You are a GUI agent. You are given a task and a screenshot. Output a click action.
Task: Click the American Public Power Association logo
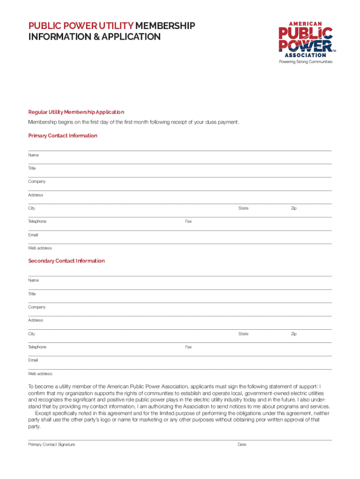click(x=306, y=39)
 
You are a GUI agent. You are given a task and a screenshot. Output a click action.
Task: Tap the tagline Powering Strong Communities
click(x=306, y=62)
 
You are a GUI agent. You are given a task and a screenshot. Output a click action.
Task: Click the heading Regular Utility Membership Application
click(x=76, y=112)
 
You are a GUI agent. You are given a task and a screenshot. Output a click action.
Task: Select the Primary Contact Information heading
click(x=63, y=136)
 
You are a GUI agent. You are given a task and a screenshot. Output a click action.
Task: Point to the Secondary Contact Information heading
click(x=66, y=261)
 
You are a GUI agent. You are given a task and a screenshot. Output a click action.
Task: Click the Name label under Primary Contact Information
click(x=33, y=155)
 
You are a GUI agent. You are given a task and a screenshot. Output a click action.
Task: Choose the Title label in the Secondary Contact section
click(x=32, y=294)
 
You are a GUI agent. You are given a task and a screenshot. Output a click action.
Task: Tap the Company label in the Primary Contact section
click(x=37, y=181)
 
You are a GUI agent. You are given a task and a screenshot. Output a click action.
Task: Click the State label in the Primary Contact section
click(x=243, y=208)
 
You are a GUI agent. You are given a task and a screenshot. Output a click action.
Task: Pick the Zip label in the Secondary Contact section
click(x=294, y=334)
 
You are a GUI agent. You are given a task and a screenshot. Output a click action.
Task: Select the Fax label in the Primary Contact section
click(x=188, y=222)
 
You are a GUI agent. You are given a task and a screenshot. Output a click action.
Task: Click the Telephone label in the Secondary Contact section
click(x=37, y=347)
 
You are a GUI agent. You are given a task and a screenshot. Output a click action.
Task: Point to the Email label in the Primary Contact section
click(x=33, y=235)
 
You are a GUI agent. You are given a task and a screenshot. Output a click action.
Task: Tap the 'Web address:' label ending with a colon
click(x=41, y=374)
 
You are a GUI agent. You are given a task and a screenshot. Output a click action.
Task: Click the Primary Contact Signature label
click(x=51, y=444)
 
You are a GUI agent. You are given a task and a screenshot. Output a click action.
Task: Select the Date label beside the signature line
click(x=242, y=444)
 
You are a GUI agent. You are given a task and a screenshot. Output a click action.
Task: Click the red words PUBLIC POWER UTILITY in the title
click(x=80, y=25)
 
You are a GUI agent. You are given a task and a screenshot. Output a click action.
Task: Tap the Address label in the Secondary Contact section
click(x=36, y=320)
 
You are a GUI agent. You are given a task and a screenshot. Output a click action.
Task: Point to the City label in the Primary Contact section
click(x=31, y=208)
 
